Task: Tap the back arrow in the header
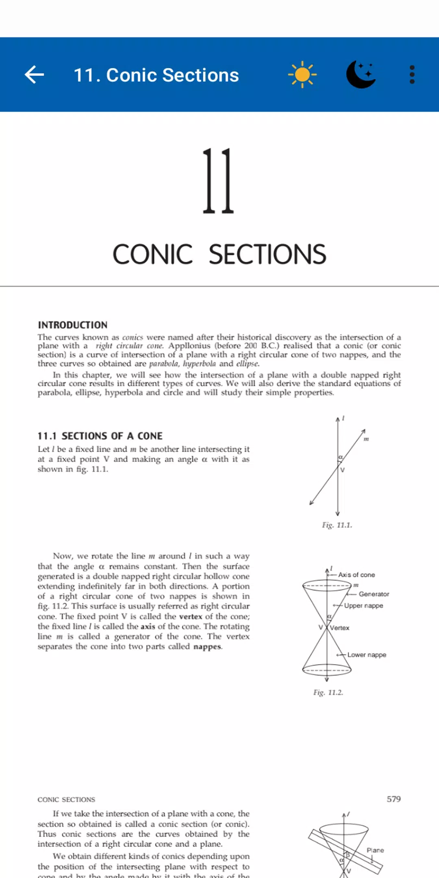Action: coord(35,75)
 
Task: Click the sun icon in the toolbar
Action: coord(302,74)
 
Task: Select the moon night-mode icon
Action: coord(361,74)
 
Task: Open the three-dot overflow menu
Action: coord(412,75)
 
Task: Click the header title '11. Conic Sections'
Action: coord(156,75)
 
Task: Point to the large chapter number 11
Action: coord(218,181)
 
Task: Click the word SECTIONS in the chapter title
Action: coord(267,254)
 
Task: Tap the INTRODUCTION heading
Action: coord(73,325)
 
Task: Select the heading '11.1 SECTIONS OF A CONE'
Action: coord(100,436)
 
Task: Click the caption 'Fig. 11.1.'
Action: coord(337,525)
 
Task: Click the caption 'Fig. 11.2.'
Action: coord(328,692)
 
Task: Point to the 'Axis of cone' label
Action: coord(356,575)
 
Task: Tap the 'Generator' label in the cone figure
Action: coord(374,594)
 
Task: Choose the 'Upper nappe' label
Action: coord(363,606)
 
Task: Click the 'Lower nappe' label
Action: coord(367,655)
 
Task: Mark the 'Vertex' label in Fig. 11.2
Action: coord(340,628)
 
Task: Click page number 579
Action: coord(393,799)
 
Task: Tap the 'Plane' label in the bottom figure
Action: coord(375,850)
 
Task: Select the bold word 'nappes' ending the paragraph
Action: coord(207,646)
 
